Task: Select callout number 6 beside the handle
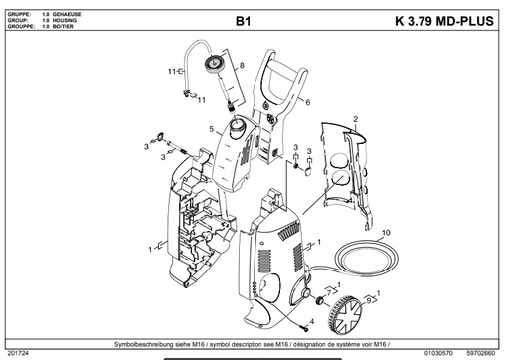pos(308,102)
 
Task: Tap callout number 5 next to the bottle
pos(211,129)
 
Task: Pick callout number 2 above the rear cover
pos(353,118)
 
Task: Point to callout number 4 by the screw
pos(312,322)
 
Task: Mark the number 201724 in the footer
pos(18,352)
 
